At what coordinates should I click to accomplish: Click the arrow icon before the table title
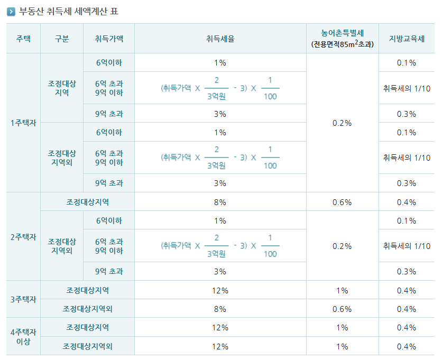pos(11,10)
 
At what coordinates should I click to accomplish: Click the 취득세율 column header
pos(220,39)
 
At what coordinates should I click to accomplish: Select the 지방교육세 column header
pos(406,39)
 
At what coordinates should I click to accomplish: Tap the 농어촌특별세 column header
pos(342,39)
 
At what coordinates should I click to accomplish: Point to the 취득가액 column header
pos(109,39)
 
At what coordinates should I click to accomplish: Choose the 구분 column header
pos(62,39)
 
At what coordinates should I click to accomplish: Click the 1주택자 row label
pos(23,123)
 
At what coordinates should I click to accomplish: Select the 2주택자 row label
pos(23,237)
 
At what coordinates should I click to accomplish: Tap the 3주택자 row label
pos(23,299)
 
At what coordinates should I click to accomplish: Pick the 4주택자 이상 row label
pos(23,336)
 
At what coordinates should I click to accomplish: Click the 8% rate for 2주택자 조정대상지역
pos(220,202)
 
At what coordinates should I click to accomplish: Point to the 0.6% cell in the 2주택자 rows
pos(342,202)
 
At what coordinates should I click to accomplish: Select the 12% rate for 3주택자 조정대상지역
pos(220,290)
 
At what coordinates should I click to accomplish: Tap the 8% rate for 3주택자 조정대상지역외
pos(220,309)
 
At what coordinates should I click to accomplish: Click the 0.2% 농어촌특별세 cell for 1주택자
pos(342,123)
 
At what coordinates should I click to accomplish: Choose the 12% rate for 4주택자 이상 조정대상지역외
pos(220,346)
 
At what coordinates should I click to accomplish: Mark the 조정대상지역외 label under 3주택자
pos(88,309)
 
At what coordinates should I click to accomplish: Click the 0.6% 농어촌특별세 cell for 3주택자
pos(342,309)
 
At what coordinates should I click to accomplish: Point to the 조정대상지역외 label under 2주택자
pos(62,246)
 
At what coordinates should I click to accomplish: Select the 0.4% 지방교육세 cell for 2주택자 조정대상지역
pos(406,202)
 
